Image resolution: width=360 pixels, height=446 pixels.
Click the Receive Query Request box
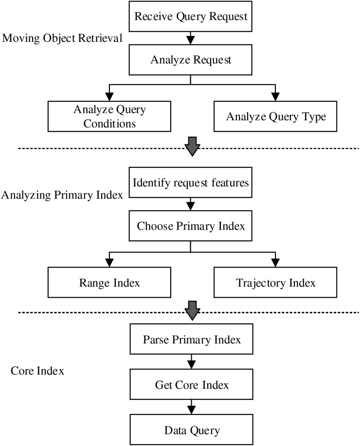tap(190, 16)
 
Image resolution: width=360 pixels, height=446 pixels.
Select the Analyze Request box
tap(190, 60)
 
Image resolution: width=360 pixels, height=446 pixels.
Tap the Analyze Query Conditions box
tap(109, 116)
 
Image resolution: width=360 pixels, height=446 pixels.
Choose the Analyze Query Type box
tap(275, 116)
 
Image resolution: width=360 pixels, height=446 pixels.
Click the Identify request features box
tap(190, 182)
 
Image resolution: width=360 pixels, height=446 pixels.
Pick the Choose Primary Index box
tap(190, 226)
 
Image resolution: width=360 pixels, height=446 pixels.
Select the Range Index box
tap(109, 283)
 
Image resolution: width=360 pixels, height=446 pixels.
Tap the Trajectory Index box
tap(275, 283)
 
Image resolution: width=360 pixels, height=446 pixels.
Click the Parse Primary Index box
tap(192, 339)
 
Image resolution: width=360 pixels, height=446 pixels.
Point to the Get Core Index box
tap(192, 384)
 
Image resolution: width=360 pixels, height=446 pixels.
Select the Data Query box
tap(192, 430)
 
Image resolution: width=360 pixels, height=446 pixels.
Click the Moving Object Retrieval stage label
tap(62, 38)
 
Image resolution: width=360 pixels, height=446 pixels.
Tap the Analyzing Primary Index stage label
tap(62, 195)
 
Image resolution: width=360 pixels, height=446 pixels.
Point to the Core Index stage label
tap(37, 371)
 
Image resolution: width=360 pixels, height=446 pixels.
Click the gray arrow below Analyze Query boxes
tap(192, 146)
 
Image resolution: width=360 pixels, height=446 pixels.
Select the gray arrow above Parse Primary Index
tap(192, 311)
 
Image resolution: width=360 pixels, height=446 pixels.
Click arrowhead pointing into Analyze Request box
tap(190, 40)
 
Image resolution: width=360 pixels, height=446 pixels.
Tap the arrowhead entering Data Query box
tap(192, 410)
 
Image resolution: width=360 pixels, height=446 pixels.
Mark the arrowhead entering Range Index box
tap(109, 263)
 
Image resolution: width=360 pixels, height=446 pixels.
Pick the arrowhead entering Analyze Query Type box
tap(275, 97)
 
